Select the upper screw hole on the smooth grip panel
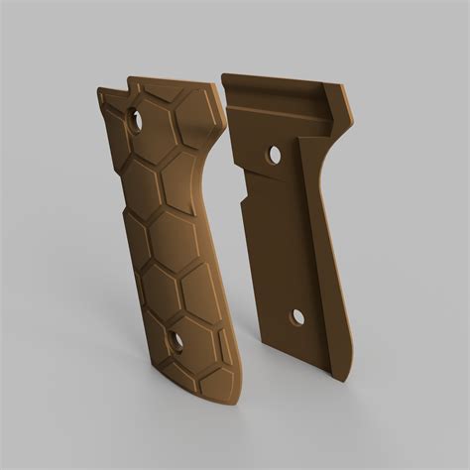pyautogui.click(x=274, y=155)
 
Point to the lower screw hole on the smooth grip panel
pyautogui.click(x=296, y=317)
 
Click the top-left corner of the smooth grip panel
pyautogui.click(x=222, y=75)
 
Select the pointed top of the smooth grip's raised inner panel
pyautogui.click(x=299, y=139)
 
